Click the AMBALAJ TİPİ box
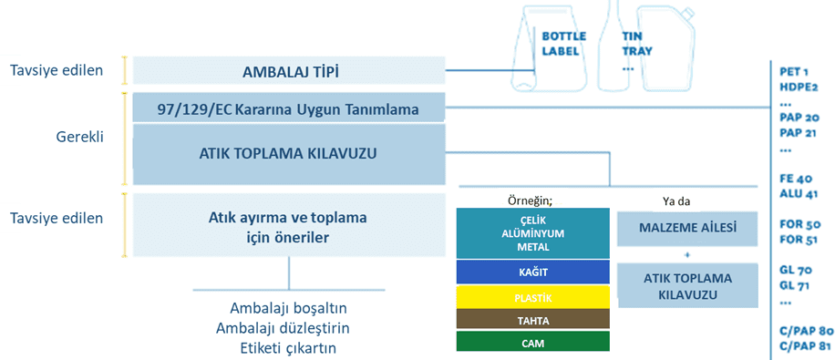pos(289,70)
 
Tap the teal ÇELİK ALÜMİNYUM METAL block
pos(532,233)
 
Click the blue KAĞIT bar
pos(532,272)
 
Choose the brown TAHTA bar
pos(532,320)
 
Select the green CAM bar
pos(532,342)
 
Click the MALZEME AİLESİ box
pos(687,229)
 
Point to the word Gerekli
pos(80,137)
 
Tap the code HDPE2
pos(799,87)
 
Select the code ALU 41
pos(799,194)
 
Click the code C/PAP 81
pos(805,346)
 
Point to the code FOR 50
pos(800,224)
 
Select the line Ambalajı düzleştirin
pos(283,328)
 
